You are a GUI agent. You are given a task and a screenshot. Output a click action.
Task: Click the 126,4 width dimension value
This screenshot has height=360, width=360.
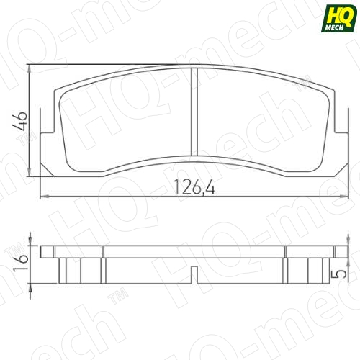tap(194, 186)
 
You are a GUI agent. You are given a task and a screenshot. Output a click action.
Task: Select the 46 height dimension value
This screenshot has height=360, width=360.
tap(20, 121)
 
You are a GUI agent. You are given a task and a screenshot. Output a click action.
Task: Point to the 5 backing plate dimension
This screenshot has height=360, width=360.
tap(338, 274)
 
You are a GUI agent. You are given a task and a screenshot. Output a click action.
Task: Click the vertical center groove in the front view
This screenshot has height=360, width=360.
tap(194, 112)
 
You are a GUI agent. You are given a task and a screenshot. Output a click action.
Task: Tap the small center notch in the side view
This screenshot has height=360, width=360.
tap(194, 275)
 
